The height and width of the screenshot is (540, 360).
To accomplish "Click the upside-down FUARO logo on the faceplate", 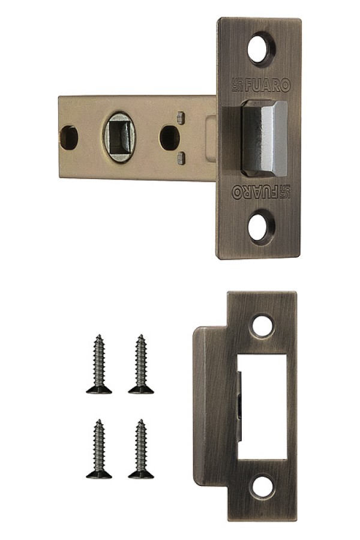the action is pyautogui.click(x=262, y=192).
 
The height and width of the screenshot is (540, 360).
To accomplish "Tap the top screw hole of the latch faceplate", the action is pyautogui.click(x=262, y=47).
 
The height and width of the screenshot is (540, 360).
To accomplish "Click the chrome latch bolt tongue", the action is pyautogui.click(x=264, y=139).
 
